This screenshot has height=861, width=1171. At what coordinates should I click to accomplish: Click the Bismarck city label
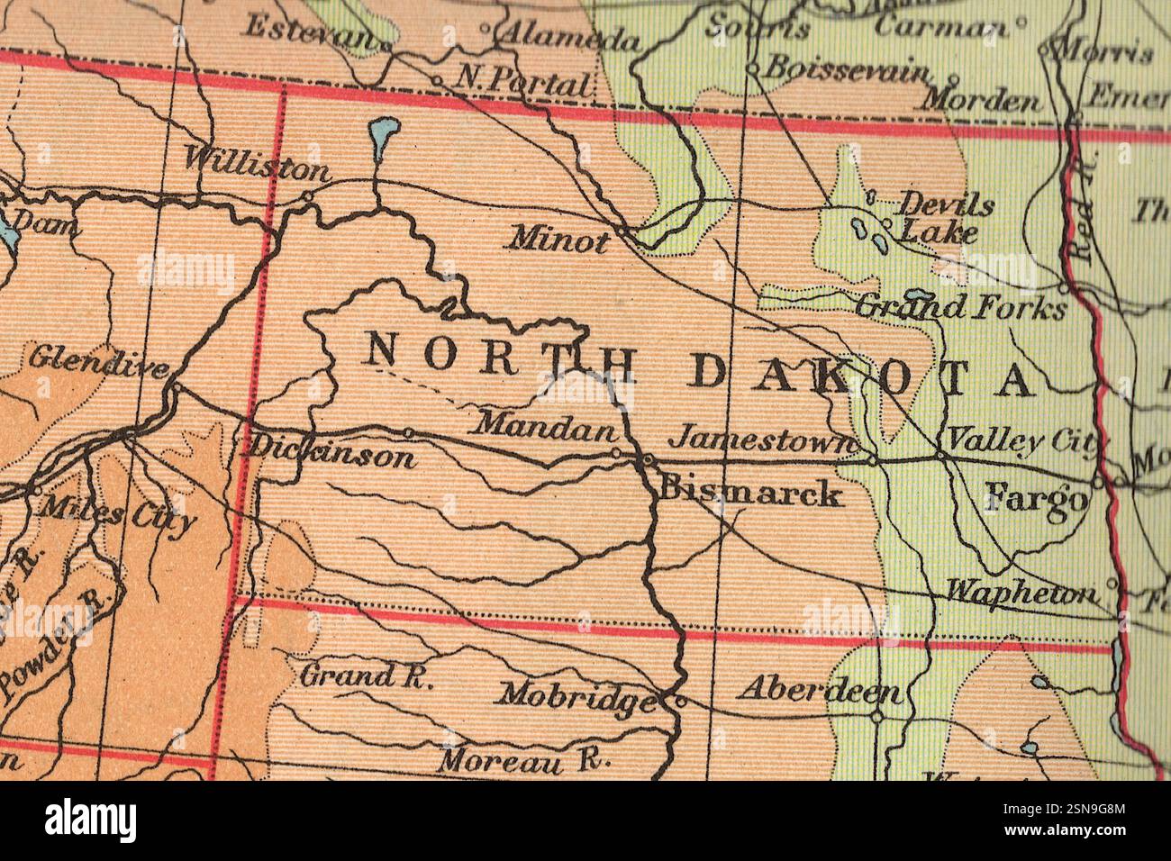751,493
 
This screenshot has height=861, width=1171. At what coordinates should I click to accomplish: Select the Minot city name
558,240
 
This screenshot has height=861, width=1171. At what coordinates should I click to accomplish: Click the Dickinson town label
331,451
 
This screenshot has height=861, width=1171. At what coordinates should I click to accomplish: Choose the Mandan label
547,425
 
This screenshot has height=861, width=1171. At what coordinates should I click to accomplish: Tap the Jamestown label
764,439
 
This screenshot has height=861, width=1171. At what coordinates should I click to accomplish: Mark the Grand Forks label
959,308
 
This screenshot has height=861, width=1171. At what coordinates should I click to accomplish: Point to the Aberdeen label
820,690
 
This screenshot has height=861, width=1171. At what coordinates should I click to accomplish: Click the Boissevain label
846,68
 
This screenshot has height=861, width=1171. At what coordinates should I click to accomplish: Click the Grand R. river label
366,675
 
